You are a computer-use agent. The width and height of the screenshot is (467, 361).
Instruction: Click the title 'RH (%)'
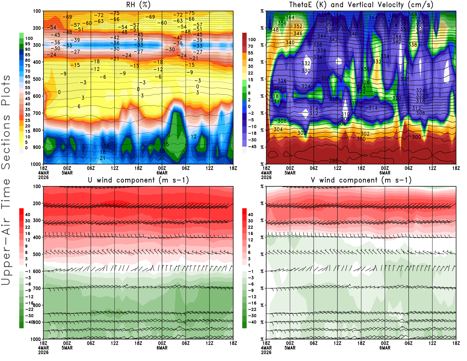tap(138, 5)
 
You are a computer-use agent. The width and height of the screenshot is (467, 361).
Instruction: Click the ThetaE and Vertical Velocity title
tap(361, 5)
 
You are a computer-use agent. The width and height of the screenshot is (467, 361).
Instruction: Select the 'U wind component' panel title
tap(138, 180)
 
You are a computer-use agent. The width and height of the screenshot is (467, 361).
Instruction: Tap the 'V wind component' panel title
tap(361, 180)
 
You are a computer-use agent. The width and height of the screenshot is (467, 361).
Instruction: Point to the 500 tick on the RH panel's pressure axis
tap(37, 79)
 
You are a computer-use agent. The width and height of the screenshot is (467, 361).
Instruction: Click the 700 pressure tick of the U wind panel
tap(37, 288)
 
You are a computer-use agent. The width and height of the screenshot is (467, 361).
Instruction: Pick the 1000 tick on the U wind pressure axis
tap(36, 339)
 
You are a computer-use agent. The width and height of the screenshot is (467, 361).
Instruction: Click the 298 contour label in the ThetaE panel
tap(333, 160)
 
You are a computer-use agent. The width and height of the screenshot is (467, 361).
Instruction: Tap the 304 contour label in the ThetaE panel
tap(278, 129)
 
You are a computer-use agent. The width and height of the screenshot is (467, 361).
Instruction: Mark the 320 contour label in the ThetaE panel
tap(397, 98)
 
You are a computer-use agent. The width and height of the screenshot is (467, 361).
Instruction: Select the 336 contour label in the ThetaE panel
tap(322, 51)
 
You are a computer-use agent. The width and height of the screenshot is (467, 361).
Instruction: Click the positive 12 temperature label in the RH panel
tap(194, 136)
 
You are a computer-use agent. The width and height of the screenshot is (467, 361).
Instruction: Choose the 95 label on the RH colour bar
tap(28, 44)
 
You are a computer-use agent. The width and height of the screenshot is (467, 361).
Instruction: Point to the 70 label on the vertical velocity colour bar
tap(250, 46)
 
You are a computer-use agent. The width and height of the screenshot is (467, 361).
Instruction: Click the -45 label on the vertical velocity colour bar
tap(252, 147)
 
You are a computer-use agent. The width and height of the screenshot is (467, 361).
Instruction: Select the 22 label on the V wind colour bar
tap(250, 227)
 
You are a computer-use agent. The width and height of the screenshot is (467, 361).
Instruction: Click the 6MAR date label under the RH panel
tap(162, 173)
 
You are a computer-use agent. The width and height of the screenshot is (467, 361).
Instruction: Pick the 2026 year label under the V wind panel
tap(266, 352)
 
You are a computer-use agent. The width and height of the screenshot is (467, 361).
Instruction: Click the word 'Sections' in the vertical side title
tap(6, 142)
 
